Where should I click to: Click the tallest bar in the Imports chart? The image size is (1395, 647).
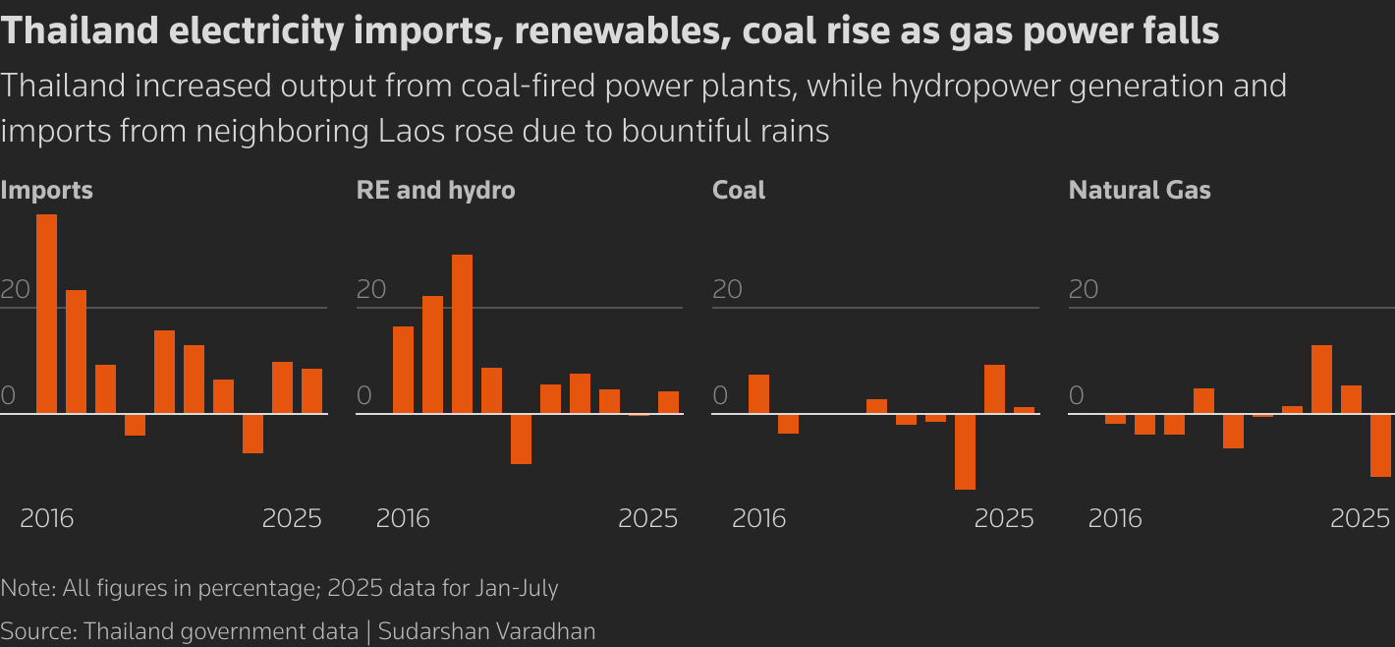tap(46, 314)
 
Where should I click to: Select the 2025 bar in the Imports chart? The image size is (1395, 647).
tap(311, 391)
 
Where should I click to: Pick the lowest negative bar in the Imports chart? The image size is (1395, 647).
tap(252, 434)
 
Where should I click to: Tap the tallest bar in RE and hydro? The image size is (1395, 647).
tap(462, 334)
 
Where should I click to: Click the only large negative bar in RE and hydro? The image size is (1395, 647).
tap(521, 439)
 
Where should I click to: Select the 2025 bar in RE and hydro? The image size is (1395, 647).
tap(668, 402)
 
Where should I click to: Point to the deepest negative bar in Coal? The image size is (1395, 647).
tap(965, 451)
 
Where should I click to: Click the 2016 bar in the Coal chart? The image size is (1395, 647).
tap(758, 394)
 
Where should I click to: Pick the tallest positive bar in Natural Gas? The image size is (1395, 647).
tap(1321, 380)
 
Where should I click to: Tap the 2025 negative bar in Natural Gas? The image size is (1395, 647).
tap(1380, 445)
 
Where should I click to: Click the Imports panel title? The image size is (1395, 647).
tap(46, 190)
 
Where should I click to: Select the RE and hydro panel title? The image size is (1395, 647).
tap(435, 190)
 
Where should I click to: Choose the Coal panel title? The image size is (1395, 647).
tap(738, 190)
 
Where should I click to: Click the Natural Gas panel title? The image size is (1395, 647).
tap(1139, 190)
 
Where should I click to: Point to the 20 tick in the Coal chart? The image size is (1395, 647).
tap(726, 290)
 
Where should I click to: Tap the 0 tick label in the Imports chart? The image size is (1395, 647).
tap(8, 396)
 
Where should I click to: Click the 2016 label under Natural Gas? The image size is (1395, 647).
tap(1114, 518)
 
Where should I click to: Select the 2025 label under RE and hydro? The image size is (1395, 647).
tap(647, 518)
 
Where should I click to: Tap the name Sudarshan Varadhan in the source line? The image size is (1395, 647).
tap(487, 630)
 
